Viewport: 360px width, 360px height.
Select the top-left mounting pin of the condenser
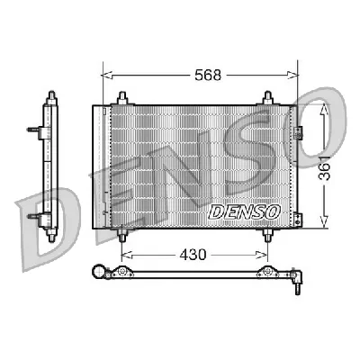(121, 98)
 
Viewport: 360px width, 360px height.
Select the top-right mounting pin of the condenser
(267, 98)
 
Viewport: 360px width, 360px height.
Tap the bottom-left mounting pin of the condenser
(121, 236)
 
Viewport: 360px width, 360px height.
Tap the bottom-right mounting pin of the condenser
(267, 236)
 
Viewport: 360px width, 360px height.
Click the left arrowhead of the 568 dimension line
(103, 76)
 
